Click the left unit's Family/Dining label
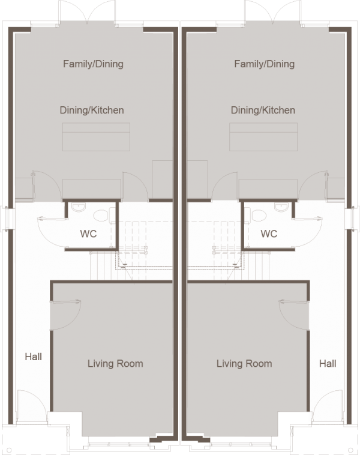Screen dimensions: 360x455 pyautogui.click(x=93, y=64)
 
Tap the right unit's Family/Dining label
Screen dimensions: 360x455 pyautogui.click(x=264, y=64)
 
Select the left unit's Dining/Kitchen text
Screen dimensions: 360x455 pyautogui.click(x=92, y=110)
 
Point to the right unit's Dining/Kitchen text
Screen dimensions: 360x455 pyautogui.click(x=263, y=110)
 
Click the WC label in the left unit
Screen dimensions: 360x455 pyautogui.click(x=88, y=234)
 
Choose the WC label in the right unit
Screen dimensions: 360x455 pyautogui.click(x=269, y=234)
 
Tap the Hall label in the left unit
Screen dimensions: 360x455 pyautogui.click(x=34, y=357)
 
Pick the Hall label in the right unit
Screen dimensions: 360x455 pyautogui.click(x=328, y=364)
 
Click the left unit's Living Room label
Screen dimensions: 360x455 pyautogui.click(x=115, y=364)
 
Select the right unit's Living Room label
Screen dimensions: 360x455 pyautogui.click(x=244, y=364)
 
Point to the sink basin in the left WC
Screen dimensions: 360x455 pyautogui.click(x=79, y=207)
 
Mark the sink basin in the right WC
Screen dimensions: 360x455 pyautogui.click(x=281, y=207)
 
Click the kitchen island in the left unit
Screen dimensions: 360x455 pyautogui.click(x=96, y=137)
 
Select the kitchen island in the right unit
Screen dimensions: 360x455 pyautogui.click(x=263, y=137)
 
